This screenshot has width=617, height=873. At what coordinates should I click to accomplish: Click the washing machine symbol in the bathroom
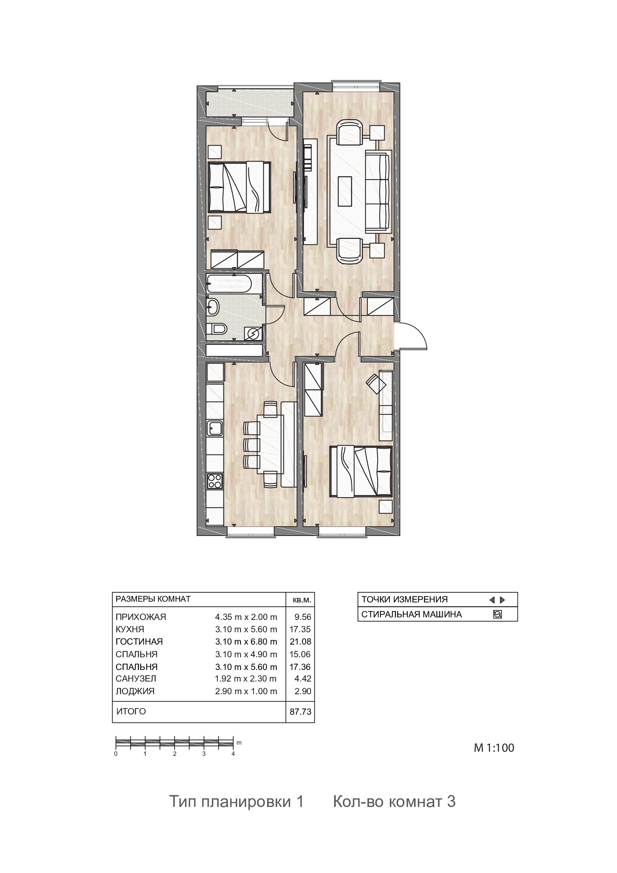pyautogui.click(x=253, y=333)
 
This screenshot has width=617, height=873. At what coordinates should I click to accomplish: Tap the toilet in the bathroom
pyautogui.click(x=217, y=328)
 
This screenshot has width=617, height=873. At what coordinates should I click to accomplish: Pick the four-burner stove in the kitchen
pyautogui.click(x=215, y=481)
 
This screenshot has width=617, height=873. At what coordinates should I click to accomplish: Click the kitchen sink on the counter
pyautogui.click(x=215, y=428)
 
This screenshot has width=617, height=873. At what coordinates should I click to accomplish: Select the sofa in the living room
pyautogui.click(x=378, y=191)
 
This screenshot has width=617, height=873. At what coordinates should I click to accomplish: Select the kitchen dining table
pyautogui.click(x=271, y=444)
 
